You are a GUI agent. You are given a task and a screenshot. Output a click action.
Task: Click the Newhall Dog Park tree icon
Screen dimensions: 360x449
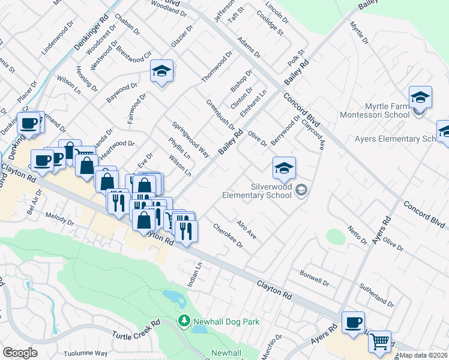click(184, 322)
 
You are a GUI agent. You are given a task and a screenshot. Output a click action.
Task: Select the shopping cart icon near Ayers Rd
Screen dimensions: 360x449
click(379, 342)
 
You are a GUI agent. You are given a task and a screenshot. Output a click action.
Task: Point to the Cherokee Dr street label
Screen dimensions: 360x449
click(228, 236)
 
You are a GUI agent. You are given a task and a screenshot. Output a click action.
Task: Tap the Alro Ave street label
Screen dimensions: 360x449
click(247, 230)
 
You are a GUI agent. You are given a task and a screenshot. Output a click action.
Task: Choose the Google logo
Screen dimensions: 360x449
click(20, 353)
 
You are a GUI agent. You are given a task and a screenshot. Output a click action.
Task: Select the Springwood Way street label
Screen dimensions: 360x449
click(190, 140)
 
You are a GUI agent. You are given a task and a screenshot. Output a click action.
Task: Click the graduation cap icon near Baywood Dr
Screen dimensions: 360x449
click(161, 71)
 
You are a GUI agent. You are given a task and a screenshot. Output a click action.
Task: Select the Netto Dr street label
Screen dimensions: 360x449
click(357, 235)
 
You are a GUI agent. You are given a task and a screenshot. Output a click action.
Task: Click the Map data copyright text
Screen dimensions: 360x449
click(424, 355)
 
